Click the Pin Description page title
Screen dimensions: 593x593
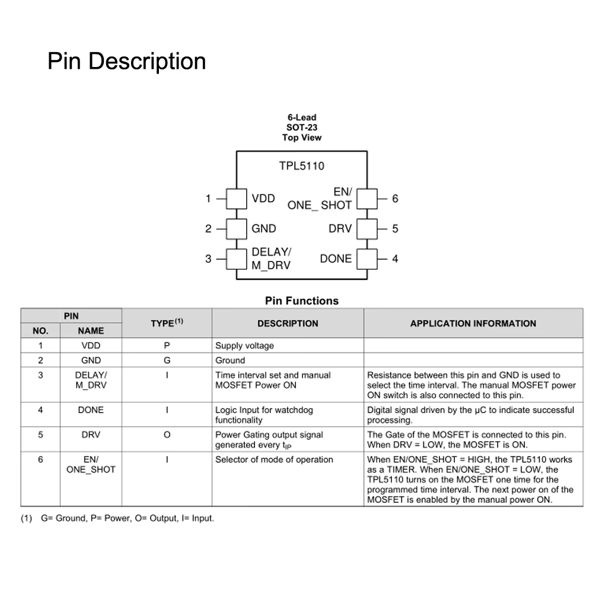click(126, 61)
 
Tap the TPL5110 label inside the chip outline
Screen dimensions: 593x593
click(302, 166)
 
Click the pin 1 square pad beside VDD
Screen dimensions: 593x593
click(237, 199)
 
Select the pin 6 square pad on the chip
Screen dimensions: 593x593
click(367, 199)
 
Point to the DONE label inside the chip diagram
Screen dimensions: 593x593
click(336, 259)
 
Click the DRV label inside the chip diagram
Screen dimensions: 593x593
click(340, 229)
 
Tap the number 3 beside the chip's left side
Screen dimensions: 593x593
click(208, 259)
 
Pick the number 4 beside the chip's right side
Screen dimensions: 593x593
click(395, 259)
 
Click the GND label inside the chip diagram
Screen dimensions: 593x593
click(264, 229)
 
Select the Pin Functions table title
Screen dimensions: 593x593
click(302, 301)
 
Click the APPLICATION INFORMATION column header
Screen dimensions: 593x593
click(473, 323)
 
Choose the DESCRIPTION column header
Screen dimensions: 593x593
click(288, 323)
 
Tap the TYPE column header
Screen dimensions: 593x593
click(167, 323)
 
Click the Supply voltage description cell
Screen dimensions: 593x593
click(244, 346)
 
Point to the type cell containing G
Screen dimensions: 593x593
click(167, 360)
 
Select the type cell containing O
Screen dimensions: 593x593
click(167, 435)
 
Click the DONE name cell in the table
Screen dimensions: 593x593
click(91, 410)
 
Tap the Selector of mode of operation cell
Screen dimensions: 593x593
click(274, 460)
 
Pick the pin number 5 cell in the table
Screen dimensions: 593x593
click(40, 435)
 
